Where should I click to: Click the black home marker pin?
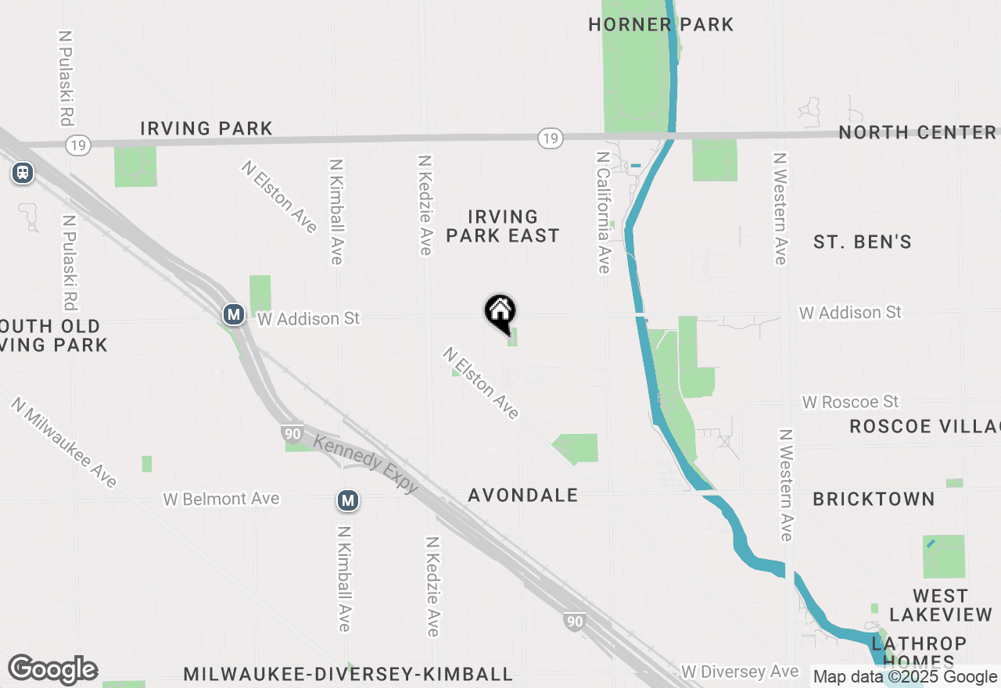point(500,312)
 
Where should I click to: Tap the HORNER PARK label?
point(661,24)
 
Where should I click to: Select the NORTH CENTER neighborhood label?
point(917,132)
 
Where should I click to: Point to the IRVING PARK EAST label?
point(503,226)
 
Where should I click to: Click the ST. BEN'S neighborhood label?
point(863,242)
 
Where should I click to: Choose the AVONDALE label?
point(523,495)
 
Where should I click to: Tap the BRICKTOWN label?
point(874,499)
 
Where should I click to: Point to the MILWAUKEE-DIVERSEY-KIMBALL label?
point(348,674)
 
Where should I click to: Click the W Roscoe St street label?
point(851,402)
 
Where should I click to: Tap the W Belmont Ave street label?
point(221,499)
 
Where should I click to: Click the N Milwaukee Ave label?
point(64,443)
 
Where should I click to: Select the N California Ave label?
point(602,213)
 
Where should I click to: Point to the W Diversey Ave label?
point(740,672)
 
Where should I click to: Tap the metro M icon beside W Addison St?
point(233,315)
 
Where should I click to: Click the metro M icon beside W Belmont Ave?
point(348,500)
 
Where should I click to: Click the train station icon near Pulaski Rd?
point(23,173)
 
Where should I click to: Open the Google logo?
point(52,670)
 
